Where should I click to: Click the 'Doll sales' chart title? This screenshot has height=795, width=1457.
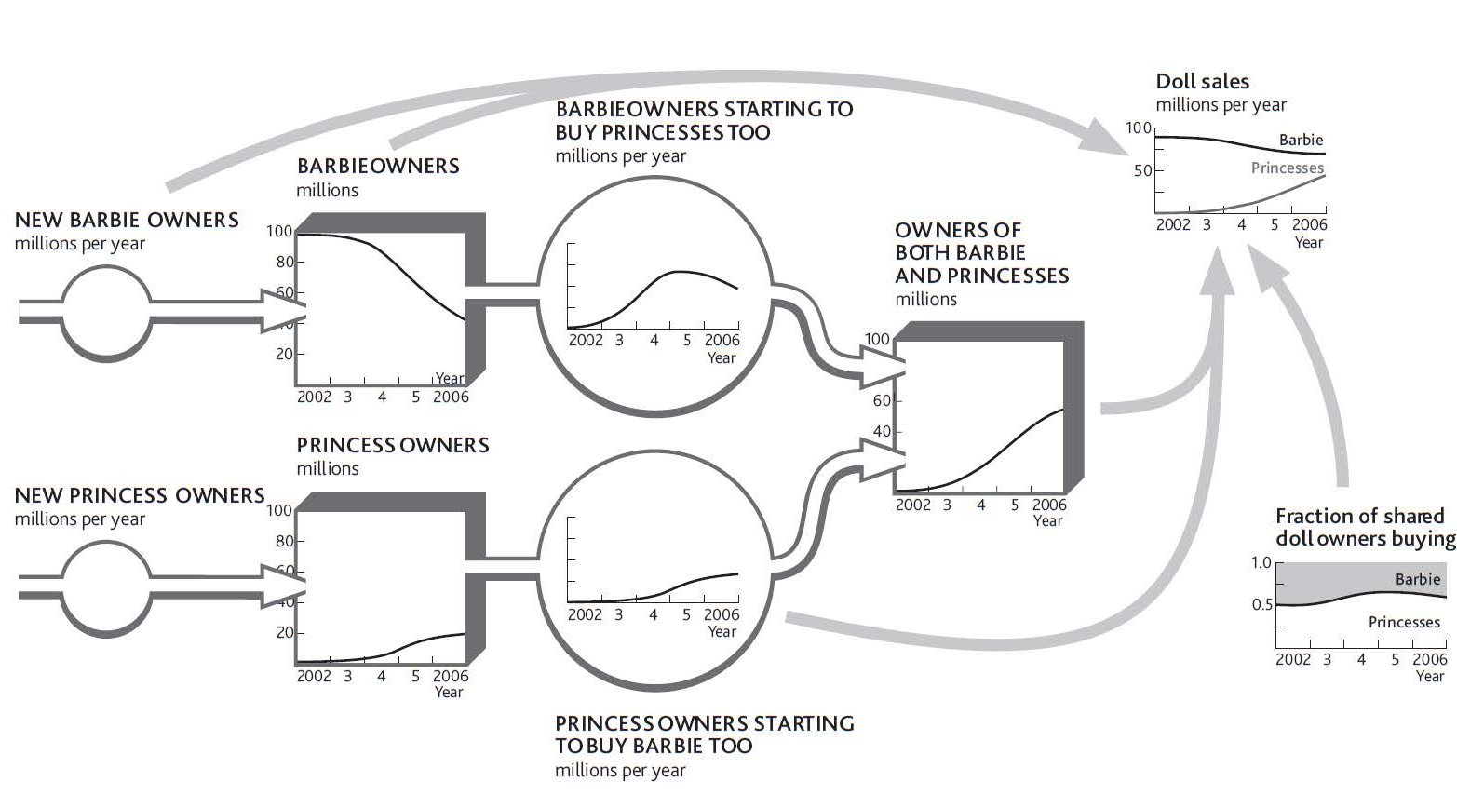1202,81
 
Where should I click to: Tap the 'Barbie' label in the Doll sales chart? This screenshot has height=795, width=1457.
1301,140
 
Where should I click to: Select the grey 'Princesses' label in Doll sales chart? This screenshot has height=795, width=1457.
1288,168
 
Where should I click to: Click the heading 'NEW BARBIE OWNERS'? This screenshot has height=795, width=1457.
127,220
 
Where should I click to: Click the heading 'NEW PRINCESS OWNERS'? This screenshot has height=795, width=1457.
140,495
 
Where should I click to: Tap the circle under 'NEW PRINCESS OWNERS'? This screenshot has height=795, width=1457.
106,588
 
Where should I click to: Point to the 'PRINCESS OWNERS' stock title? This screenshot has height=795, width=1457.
393,446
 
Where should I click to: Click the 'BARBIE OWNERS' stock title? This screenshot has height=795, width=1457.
379,166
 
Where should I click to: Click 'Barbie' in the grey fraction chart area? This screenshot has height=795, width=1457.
1418,579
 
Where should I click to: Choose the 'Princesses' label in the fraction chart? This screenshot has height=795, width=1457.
1404,622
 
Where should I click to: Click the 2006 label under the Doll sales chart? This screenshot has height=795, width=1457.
1309,224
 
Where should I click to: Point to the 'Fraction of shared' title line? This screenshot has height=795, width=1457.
1359,516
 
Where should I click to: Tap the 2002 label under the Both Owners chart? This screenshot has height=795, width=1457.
913,505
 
